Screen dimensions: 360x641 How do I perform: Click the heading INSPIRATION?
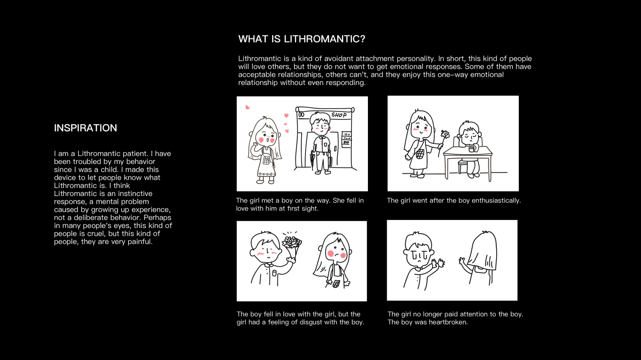point(85,128)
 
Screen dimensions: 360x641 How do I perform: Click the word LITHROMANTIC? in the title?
point(324,39)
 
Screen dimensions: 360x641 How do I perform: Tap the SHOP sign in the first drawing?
point(339,115)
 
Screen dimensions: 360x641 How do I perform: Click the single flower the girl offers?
point(445,135)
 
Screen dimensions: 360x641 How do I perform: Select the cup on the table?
point(472,149)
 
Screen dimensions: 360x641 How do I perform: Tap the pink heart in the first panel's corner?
point(247,107)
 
